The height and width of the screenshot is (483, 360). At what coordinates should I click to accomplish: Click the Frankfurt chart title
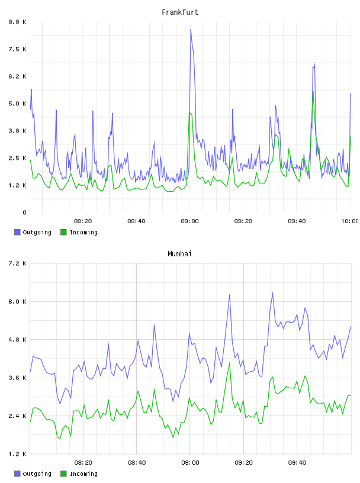coord(180,12)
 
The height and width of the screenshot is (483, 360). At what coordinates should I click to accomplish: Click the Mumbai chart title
coord(179,254)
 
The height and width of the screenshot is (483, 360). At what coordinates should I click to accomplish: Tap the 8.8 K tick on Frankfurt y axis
coord(17,22)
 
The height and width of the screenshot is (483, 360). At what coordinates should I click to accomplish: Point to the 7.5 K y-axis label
coord(17,49)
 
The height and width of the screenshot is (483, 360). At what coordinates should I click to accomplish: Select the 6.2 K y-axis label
coord(17,76)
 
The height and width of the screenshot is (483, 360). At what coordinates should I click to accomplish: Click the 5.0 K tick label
coord(17,104)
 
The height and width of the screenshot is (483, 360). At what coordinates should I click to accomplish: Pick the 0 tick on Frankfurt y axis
coord(25,212)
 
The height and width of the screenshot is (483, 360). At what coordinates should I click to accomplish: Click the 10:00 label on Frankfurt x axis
coord(349,221)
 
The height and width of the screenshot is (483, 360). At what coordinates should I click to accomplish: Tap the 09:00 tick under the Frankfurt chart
coord(190,221)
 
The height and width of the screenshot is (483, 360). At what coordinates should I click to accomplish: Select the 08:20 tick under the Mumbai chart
coord(83,463)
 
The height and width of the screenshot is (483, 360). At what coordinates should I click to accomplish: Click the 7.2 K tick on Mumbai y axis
coord(17,263)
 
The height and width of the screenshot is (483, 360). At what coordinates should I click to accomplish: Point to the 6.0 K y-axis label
coord(17,301)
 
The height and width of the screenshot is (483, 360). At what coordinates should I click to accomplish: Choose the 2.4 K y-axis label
coord(17,416)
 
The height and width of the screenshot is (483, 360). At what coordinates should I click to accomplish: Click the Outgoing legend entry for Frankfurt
coord(33,232)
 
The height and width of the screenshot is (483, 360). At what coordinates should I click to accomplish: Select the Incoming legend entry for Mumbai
coord(79,474)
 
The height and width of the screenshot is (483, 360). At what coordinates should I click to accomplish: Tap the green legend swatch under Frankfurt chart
coord(63,232)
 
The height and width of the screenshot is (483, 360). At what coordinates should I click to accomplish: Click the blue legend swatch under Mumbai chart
coord(17,474)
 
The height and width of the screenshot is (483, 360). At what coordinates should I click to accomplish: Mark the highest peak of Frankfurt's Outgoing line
coord(191,30)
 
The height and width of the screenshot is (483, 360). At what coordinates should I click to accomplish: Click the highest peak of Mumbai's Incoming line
coord(230,363)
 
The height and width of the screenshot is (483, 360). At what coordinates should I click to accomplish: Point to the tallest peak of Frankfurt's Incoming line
coord(313,92)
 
